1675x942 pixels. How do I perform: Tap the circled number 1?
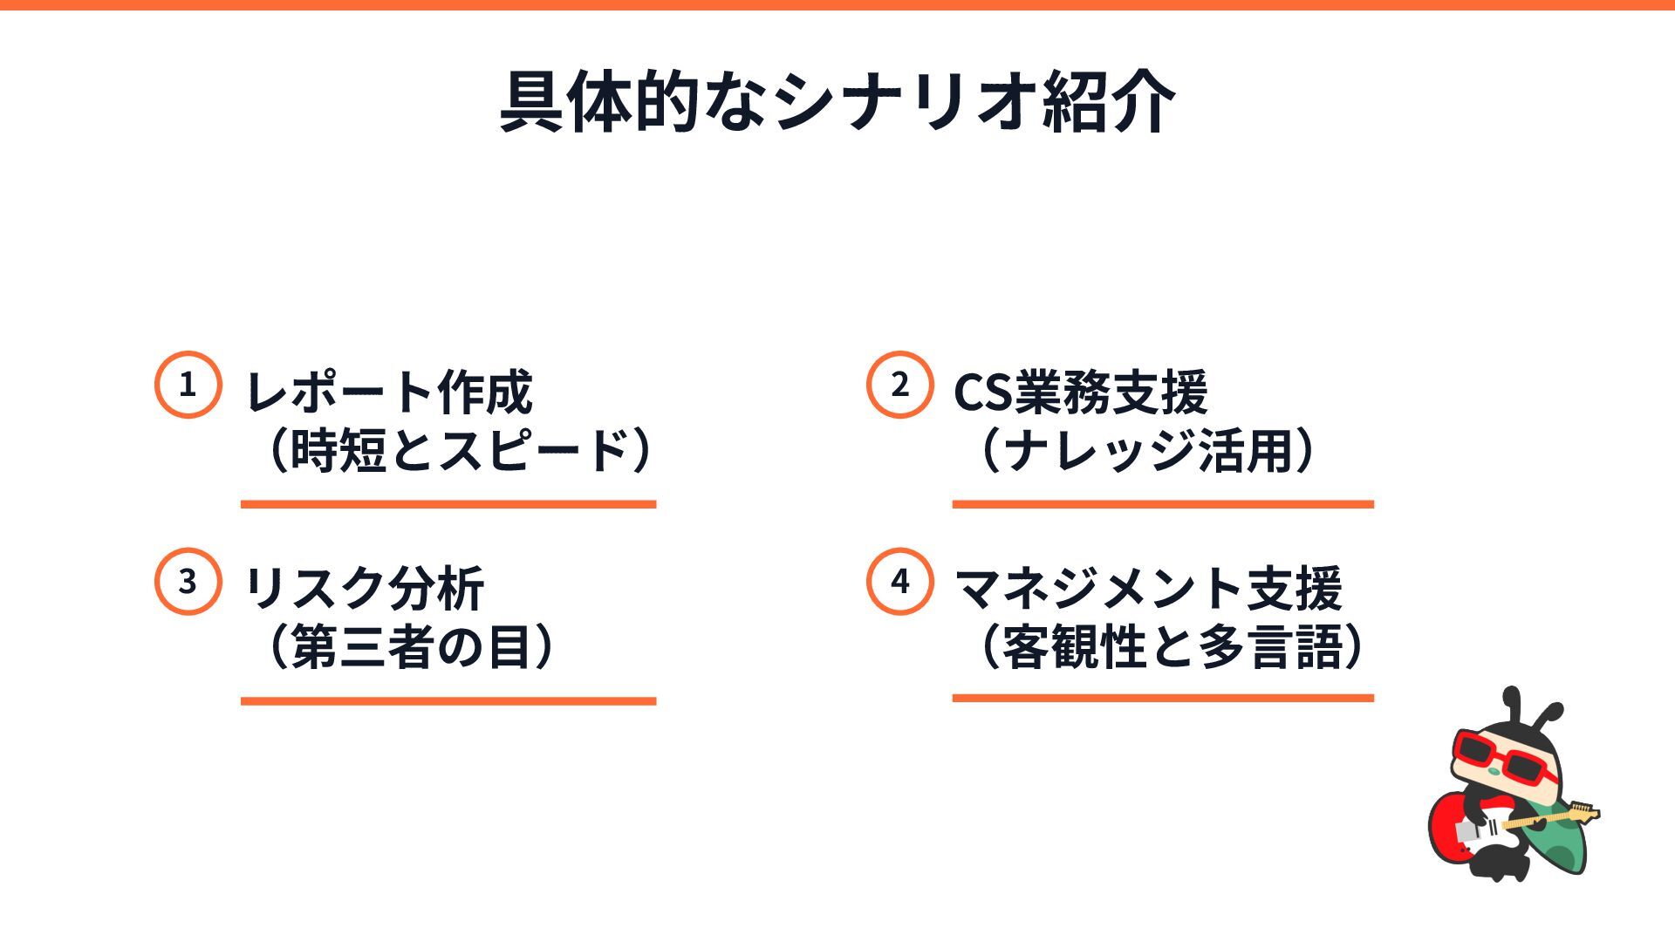[188, 385]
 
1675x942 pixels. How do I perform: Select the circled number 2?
[899, 385]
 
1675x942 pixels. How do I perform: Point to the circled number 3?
[188, 582]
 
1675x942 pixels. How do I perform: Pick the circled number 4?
[899, 582]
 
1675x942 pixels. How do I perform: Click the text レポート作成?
[389, 392]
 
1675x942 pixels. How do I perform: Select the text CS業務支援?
[1080, 392]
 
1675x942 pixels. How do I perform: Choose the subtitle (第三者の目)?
[410, 647]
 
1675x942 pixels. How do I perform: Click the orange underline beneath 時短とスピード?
[448, 504]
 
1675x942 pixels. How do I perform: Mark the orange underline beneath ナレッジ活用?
[1163, 504]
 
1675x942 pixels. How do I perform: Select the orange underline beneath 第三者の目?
[448, 700]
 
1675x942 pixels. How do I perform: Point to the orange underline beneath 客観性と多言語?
[1163, 698]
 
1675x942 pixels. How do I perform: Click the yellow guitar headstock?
[1583, 813]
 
